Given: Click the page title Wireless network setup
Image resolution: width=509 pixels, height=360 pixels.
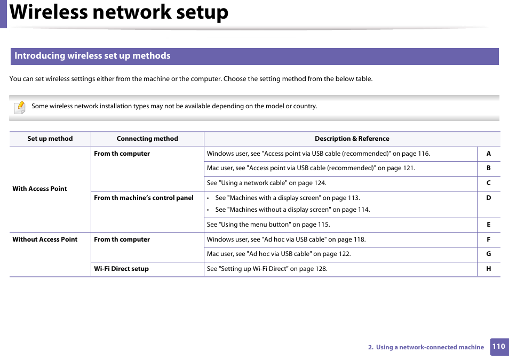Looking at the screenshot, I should point(119,13).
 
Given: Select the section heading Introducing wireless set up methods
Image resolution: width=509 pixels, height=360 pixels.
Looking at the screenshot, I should point(92,56).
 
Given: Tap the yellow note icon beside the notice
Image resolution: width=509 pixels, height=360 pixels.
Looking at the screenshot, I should point(20,107).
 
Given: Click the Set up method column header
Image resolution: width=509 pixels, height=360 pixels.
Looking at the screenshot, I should point(50,139).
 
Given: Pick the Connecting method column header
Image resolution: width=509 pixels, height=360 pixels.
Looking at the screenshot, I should point(147,139).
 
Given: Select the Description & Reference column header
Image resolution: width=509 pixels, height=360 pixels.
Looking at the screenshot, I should point(352,139).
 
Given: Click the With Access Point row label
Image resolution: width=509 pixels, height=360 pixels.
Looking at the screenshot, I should point(40,189).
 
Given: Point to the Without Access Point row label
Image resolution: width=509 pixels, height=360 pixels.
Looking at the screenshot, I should point(45,239).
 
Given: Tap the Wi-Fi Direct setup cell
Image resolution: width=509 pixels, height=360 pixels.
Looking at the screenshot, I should point(122,269).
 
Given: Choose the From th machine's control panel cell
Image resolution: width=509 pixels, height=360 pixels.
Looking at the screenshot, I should point(144,198).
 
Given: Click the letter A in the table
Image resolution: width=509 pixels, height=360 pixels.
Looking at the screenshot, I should point(488,154).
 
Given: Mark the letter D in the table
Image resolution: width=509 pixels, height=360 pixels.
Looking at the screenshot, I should point(488,198).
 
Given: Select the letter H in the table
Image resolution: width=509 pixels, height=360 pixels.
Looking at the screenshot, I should point(488,269).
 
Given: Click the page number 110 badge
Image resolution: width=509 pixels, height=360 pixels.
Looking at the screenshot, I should point(498,347).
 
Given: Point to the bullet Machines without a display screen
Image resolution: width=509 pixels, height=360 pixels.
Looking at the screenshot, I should point(292,210).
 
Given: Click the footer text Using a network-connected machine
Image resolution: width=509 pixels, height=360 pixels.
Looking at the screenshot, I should point(430,347).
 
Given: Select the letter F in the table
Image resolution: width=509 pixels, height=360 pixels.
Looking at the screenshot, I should point(488,239).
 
